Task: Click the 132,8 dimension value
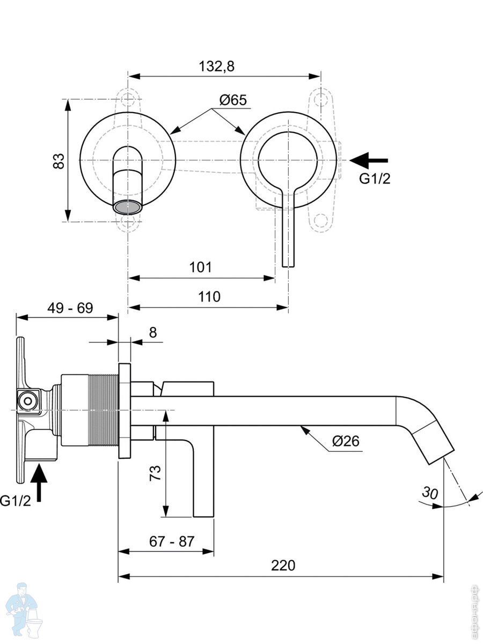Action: tap(217, 67)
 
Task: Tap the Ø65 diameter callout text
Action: tap(233, 100)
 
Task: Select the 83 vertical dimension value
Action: tap(58, 161)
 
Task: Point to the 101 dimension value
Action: tap(200, 267)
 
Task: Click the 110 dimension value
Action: tap(209, 297)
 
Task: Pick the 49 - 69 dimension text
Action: tap(70, 308)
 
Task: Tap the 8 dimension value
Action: tap(153, 333)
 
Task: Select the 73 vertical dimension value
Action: tap(156, 473)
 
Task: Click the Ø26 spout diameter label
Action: tap(346, 441)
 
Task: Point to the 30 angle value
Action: tap(430, 493)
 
